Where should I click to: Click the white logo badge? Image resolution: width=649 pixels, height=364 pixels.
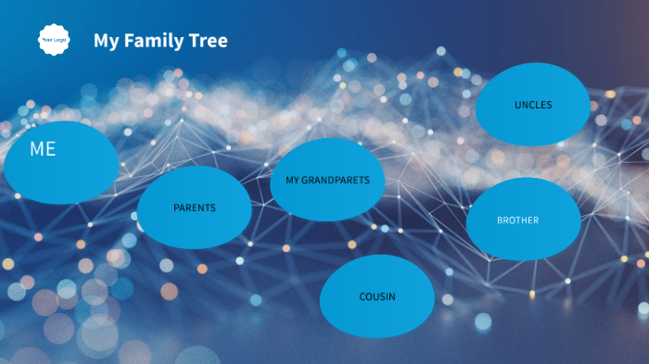point(55,40)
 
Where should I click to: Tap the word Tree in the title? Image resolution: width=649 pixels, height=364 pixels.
point(209,41)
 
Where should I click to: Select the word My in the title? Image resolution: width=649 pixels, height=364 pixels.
point(106,41)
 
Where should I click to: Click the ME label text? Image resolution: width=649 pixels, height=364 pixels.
point(43,149)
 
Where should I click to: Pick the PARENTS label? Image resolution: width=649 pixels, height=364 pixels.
point(195,207)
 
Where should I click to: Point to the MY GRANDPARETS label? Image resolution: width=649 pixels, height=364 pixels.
point(327,180)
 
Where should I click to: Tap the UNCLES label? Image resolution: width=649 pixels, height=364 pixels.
point(533,105)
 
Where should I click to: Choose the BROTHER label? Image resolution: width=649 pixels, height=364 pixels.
point(517,220)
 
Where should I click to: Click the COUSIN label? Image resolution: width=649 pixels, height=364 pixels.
point(377,296)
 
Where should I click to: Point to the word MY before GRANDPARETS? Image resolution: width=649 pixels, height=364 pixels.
point(292,180)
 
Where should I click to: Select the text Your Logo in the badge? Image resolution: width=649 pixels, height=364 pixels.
point(55,40)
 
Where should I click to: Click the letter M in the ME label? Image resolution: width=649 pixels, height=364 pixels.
point(36,149)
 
